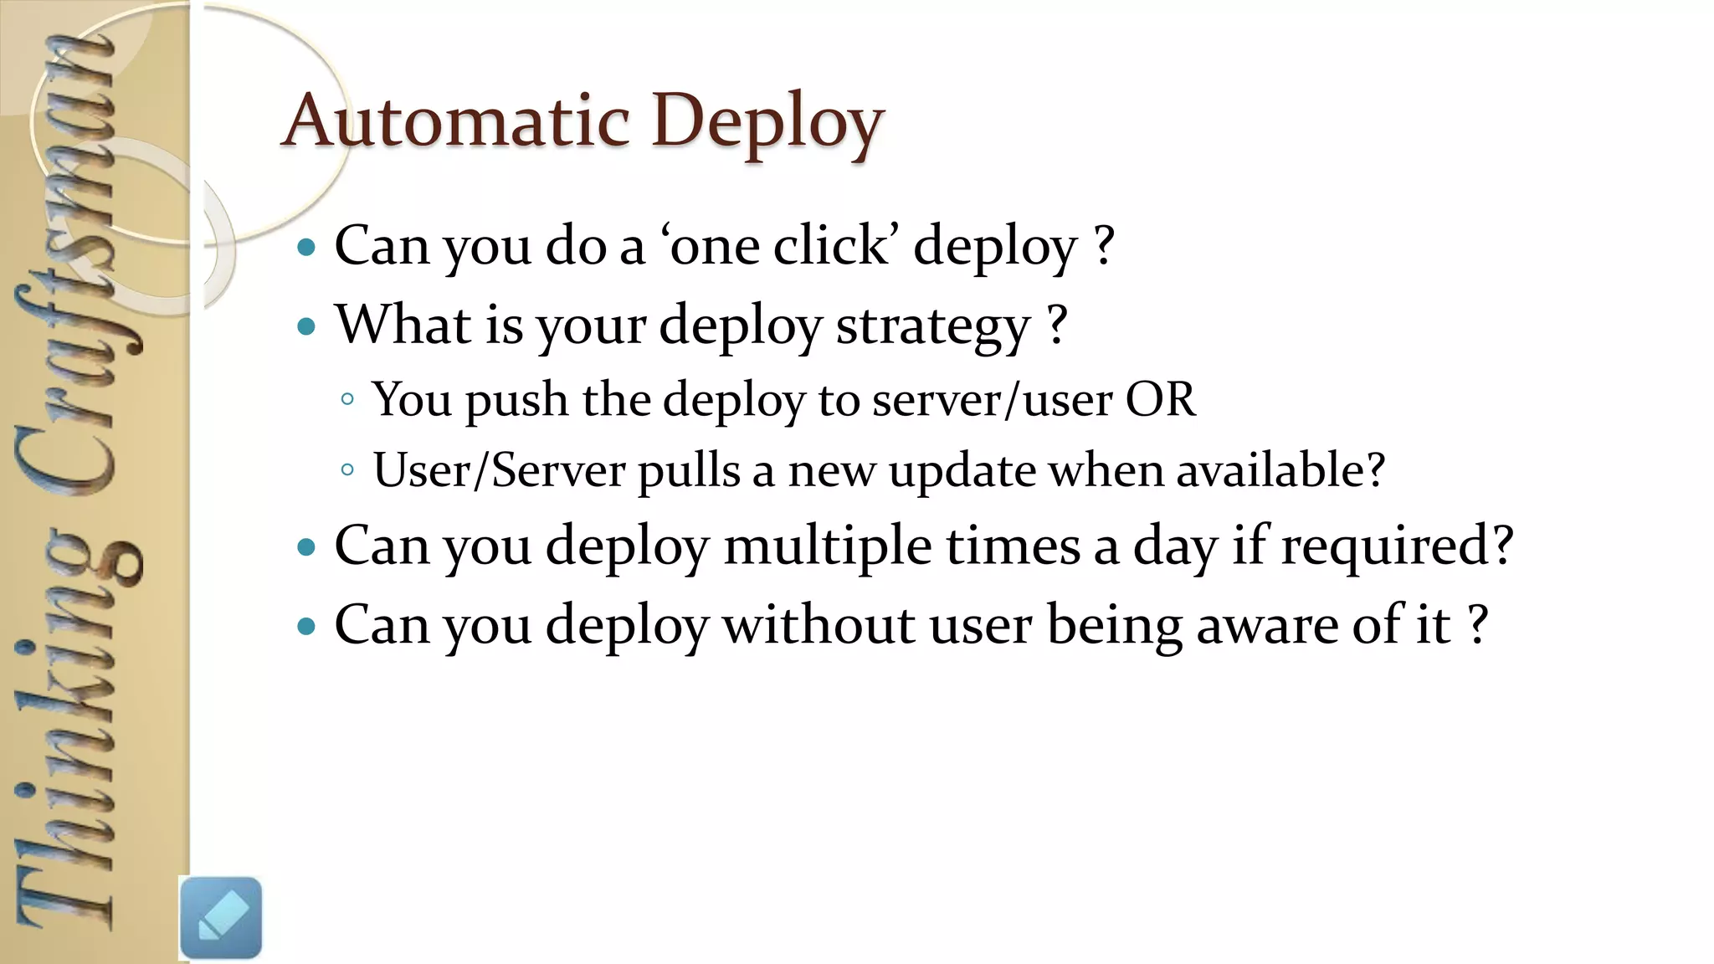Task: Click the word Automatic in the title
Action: (x=456, y=122)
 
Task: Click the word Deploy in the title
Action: (x=767, y=122)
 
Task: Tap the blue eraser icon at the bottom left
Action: (x=221, y=917)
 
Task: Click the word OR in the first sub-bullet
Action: (x=1160, y=400)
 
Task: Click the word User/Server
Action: (x=499, y=470)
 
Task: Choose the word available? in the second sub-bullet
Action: (x=1280, y=470)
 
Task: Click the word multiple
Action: (x=828, y=547)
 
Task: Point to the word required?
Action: (x=1397, y=547)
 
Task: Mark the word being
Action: (x=1114, y=627)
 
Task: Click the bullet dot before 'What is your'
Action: (x=306, y=326)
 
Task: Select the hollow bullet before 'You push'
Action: (x=347, y=400)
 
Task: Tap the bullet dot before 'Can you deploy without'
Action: (x=306, y=626)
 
